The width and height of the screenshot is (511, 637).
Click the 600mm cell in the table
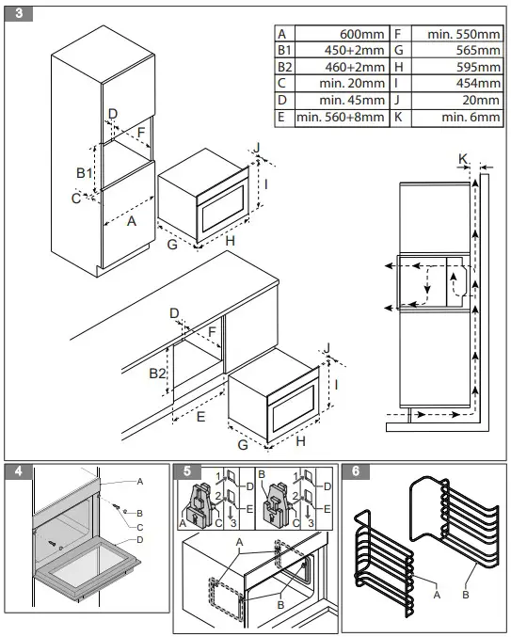(x=361, y=34)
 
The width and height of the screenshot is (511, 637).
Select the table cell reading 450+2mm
(x=354, y=51)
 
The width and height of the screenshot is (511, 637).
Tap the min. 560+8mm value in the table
(x=341, y=117)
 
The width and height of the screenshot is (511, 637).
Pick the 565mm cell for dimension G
(x=478, y=51)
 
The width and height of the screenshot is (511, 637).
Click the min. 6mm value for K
(x=471, y=117)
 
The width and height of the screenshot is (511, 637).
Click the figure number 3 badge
(x=19, y=13)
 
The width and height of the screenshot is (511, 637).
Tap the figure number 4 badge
(x=19, y=471)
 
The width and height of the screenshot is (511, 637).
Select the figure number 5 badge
(x=187, y=471)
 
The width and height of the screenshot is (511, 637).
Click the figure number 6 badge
(x=356, y=471)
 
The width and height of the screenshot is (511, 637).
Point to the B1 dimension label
(x=85, y=173)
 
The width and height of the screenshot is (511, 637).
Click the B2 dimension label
(x=157, y=373)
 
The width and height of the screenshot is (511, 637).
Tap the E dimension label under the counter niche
(x=200, y=417)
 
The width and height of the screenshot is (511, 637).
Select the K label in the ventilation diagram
(x=463, y=159)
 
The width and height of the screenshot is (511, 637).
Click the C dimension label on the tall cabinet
(x=76, y=199)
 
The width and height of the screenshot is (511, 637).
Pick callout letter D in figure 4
(x=139, y=540)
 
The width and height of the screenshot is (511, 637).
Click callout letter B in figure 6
(x=466, y=595)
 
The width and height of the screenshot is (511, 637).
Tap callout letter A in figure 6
(x=437, y=596)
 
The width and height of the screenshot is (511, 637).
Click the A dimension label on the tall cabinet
(x=131, y=221)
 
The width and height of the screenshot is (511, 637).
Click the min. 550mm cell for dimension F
(x=463, y=34)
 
